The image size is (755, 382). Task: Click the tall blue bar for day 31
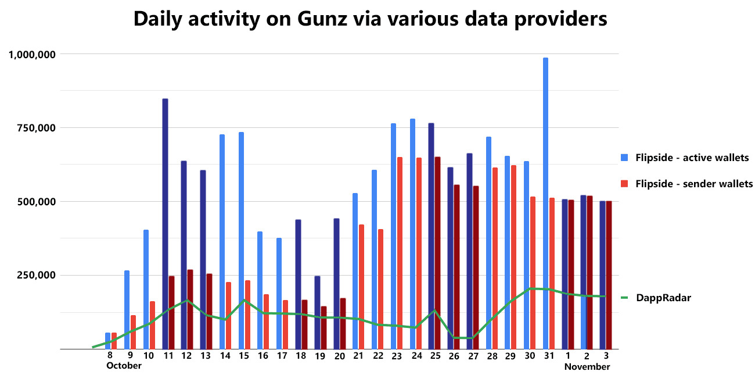point(545,204)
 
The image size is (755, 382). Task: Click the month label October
point(124,366)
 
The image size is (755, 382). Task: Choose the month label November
point(587,367)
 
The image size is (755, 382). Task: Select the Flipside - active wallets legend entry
point(691,158)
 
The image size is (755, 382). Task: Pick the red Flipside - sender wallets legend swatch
point(625,184)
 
